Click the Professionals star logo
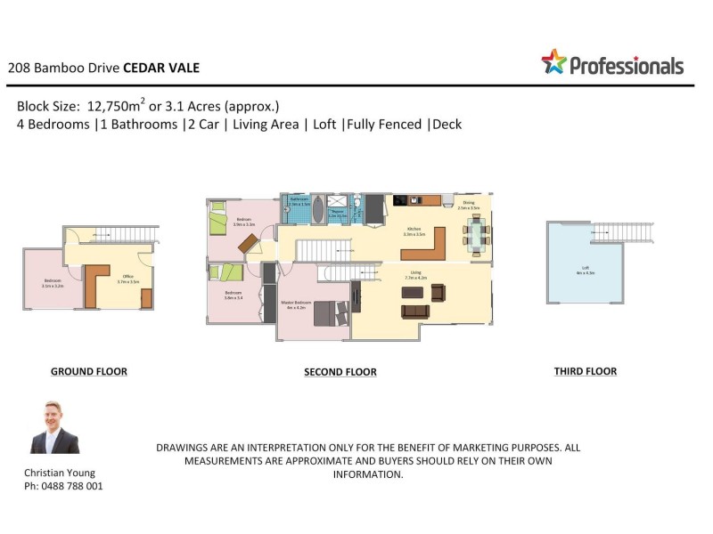coord(553,61)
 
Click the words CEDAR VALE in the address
coord(161,68)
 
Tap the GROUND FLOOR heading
coord(88,371)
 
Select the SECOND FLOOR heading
coord(340,372)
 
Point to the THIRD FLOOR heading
coord(585,371)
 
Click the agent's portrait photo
coord(54,428)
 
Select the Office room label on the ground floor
coord(128,279)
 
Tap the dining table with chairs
coord(476,236)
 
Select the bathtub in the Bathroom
coord(299,210)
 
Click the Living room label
coord(416,275)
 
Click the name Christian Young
coord(60,473)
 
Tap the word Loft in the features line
coord(325,125)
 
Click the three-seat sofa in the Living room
coord(415,311)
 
